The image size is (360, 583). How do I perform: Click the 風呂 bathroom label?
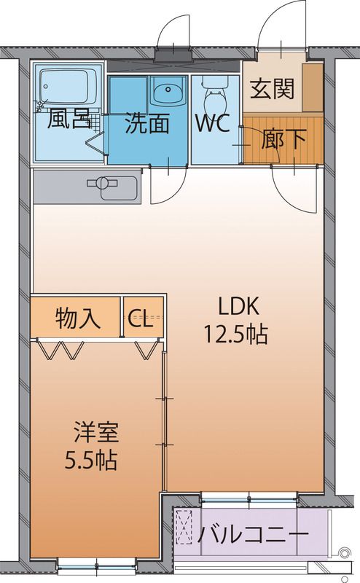[x=69, y=120]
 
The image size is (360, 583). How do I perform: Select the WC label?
[x=212, y=122]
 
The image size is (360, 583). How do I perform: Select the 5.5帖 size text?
[x=92, y=461]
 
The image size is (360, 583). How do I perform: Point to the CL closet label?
[x=141, y=319]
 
